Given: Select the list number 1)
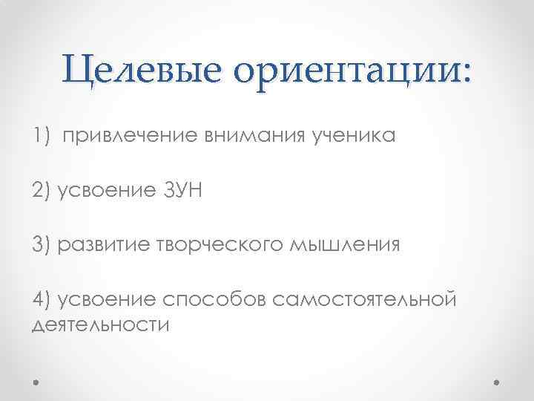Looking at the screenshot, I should (x=42, y=136).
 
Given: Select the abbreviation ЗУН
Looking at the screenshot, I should (x=180, y=191).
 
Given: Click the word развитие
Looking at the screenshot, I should (x=100, y=245).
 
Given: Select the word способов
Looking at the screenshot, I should (x=214, y=299).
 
